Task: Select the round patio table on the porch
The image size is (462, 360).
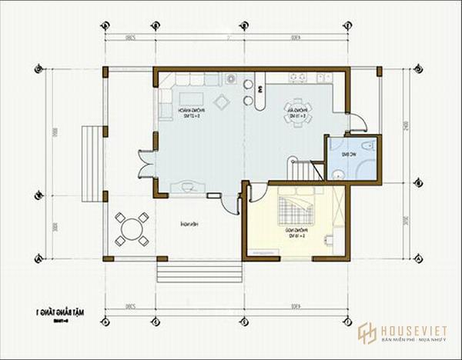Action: [x=132, y=228]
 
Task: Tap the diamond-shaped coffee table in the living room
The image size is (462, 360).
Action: [x=222, y=102]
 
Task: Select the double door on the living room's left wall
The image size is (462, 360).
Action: [x=145, y=162]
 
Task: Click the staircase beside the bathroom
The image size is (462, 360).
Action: [x=305, y=168]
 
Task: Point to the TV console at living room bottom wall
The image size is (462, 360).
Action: [x=187, y=185]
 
